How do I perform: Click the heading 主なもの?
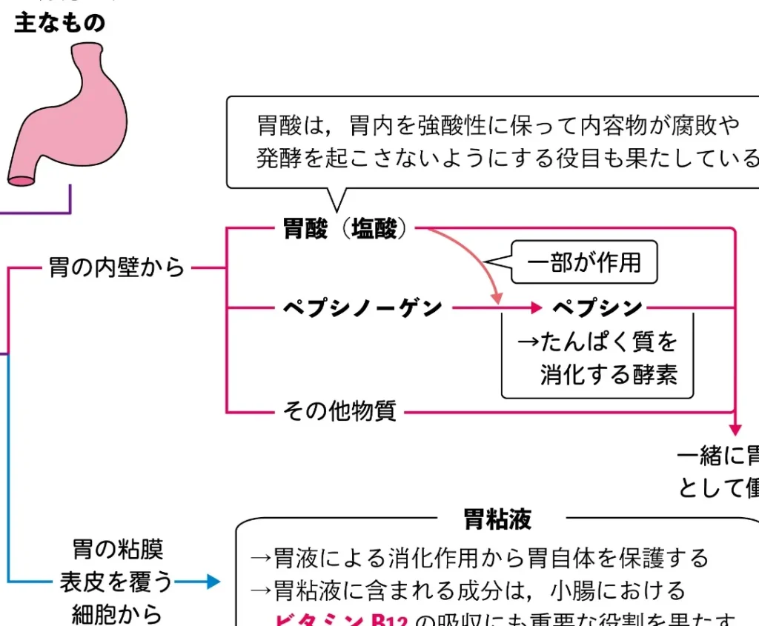coord(60,23)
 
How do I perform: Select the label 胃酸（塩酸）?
coord(345,229)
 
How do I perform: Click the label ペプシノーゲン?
coord(362,307)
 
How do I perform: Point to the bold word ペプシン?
coord(597,307)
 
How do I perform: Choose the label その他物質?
coord(339,410)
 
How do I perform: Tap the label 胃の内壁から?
coord(116,267)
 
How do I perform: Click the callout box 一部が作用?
coord(584,262)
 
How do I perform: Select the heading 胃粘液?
coord(497,519)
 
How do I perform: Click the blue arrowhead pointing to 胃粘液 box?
coord(214,582)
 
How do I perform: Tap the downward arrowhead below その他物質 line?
coord(735,430)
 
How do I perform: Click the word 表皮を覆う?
coord(116,582)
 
